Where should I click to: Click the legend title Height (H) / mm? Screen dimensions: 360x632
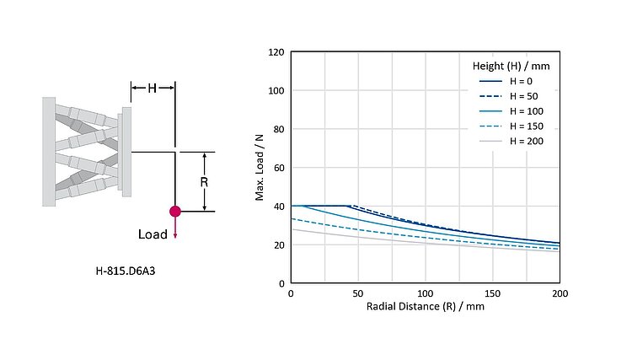tap(511, 65)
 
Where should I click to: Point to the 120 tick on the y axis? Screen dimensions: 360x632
tap(275, 52)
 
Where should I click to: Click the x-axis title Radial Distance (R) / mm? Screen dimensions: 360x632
tap(425, 307)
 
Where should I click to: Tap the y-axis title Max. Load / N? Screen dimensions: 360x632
tap(260, 168)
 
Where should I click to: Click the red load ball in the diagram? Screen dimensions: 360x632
tap(175, 211)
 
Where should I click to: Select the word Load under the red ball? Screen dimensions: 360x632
tap(153, 234)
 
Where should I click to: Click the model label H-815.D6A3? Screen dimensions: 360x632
tap(126, 271)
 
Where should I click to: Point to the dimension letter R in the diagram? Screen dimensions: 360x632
tap(204, 180)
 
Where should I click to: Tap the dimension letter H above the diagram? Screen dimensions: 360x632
tap(153, 88)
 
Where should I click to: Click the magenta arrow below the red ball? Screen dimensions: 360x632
tap(175, 228)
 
